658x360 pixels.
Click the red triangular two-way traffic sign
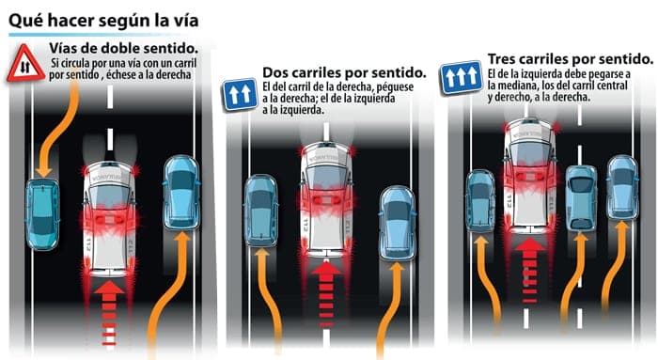coord(25,64)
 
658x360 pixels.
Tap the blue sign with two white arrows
coord(240,94)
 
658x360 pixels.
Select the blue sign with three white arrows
coord(461,77)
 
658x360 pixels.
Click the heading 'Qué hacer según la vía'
coord(103,20)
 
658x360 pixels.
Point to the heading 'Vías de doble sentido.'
coord(124,48)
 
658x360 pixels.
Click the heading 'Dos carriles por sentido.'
coord(344,72)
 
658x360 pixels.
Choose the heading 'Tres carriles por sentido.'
coord(571,59)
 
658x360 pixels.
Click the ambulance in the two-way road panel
coord(109,218)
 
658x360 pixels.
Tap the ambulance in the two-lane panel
coord(326,199)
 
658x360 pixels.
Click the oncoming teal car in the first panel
coord(42,214)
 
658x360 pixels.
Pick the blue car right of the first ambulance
coord(181,193)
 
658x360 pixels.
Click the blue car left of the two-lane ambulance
coord(260,211)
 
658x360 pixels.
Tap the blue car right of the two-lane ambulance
coord(397,224)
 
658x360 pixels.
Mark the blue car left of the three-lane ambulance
coord(481,200)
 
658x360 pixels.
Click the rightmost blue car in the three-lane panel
coord(622,187)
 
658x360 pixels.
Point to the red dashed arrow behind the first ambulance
coord(109,313)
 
